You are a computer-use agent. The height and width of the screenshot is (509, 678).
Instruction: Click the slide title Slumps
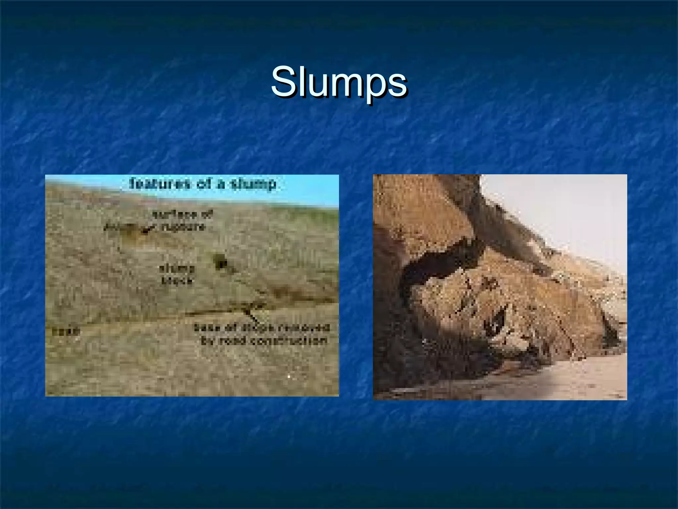click(x=339, y=82)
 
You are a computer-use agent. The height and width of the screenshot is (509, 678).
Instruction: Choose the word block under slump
click(x=176, y=281)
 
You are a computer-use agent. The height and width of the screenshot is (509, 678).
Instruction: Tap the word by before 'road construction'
click(x=207, y=341)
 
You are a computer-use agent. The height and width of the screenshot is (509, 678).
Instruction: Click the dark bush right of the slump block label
click(x=220, y=261)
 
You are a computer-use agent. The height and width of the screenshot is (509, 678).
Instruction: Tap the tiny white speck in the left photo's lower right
click(x=289, y=377)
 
